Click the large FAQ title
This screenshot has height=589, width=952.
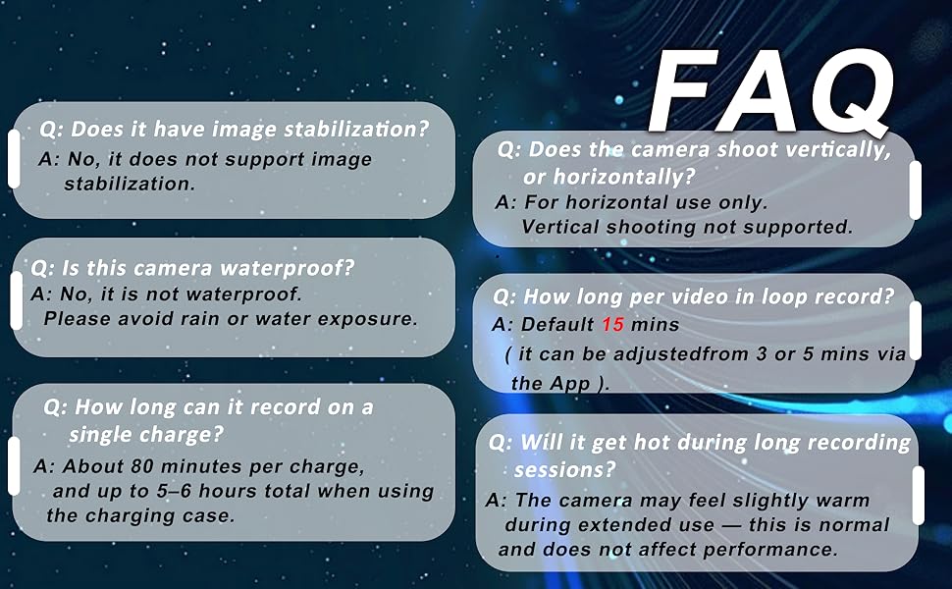coord(769,91)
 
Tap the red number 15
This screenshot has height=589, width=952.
coord(612,324)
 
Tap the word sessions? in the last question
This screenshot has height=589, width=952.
coord(564,469)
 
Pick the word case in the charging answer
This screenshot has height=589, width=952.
coord(213,515)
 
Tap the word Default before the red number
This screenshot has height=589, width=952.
coord(557,324)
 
